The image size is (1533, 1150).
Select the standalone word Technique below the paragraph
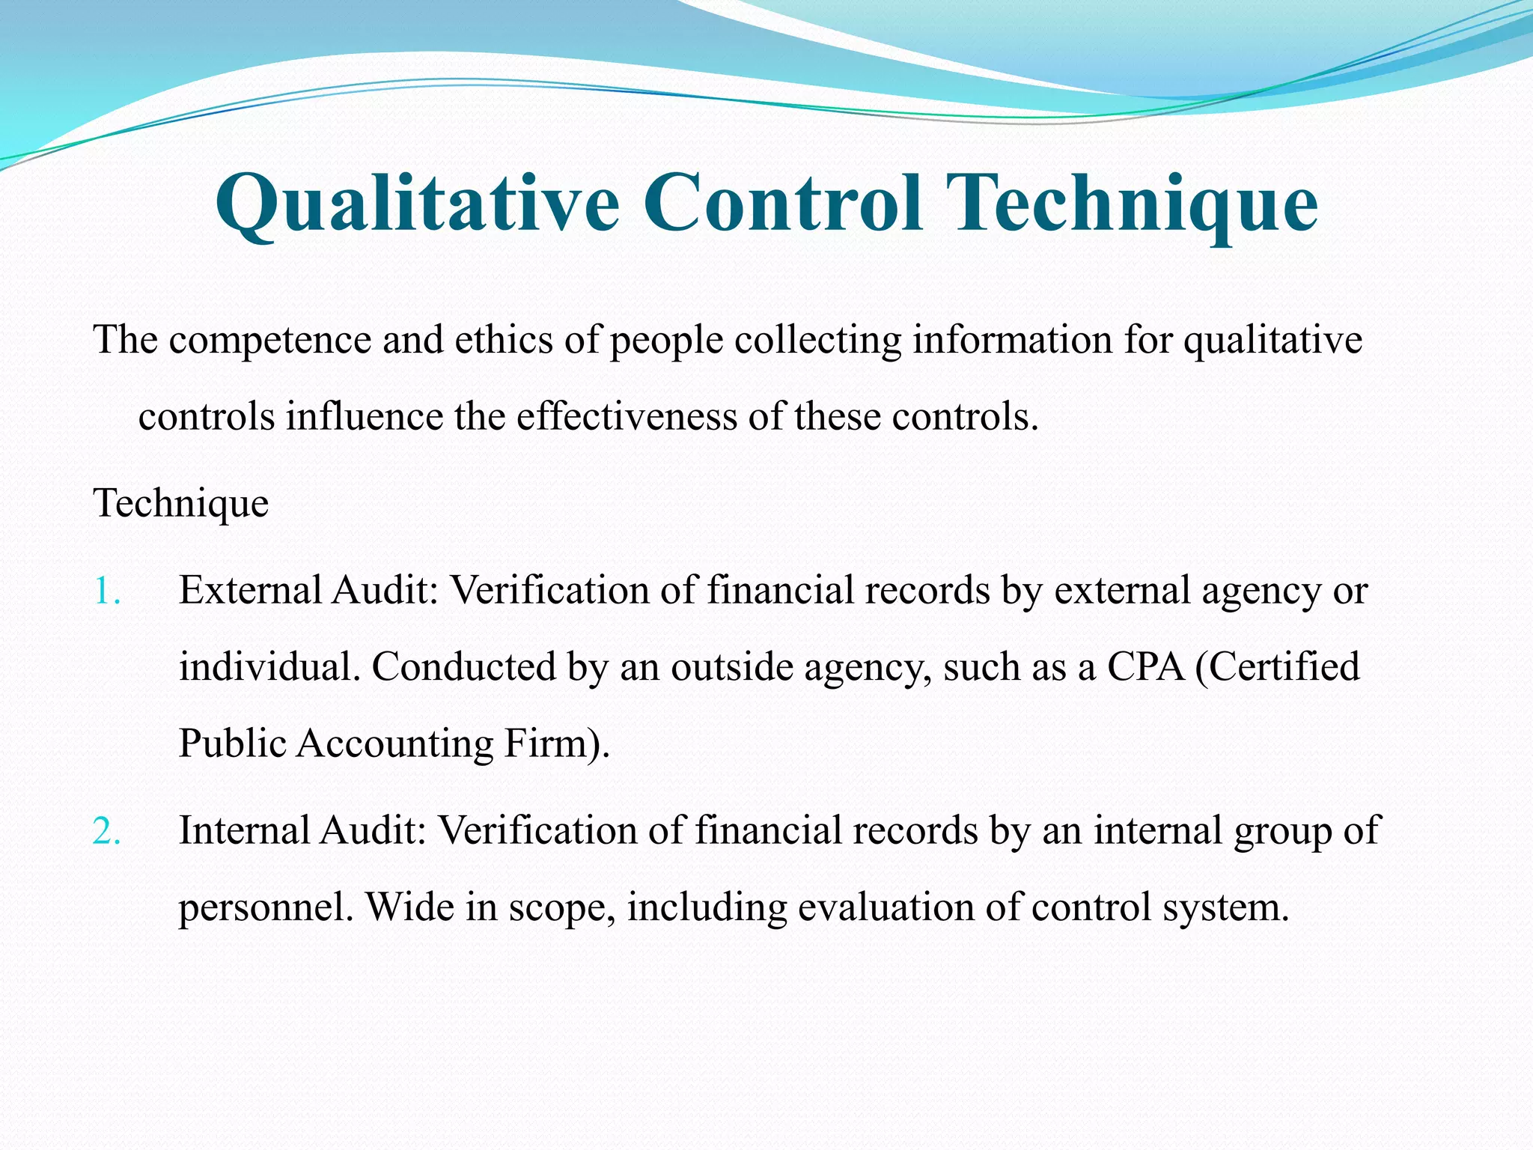pos(180,503)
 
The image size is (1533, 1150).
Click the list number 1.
pos(107,591)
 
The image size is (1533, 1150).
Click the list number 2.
pos(107,832)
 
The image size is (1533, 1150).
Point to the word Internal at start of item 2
pos(244,830)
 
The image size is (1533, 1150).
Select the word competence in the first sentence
pos(269,341)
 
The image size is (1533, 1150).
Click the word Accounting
pos(394,744)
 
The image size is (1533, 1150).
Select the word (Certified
pos(1277,667)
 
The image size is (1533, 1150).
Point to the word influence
pos(365,416)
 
